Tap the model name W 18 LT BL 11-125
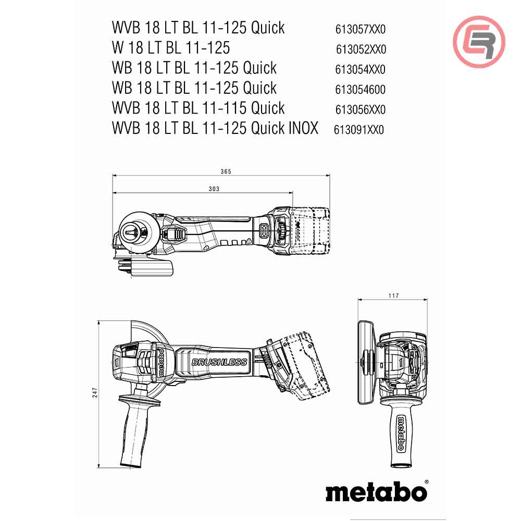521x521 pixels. pos(170,48)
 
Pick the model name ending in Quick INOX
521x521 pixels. pos(215,128)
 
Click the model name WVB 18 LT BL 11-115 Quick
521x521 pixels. pos(198,108)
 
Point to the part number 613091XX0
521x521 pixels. pos(359,130)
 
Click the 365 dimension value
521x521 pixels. pos(225,171)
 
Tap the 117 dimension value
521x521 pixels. pos(393,296)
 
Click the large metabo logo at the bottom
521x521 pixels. pos(376,491)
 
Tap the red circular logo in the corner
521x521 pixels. pos(479,42)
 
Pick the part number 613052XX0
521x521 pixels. pos(361,49)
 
